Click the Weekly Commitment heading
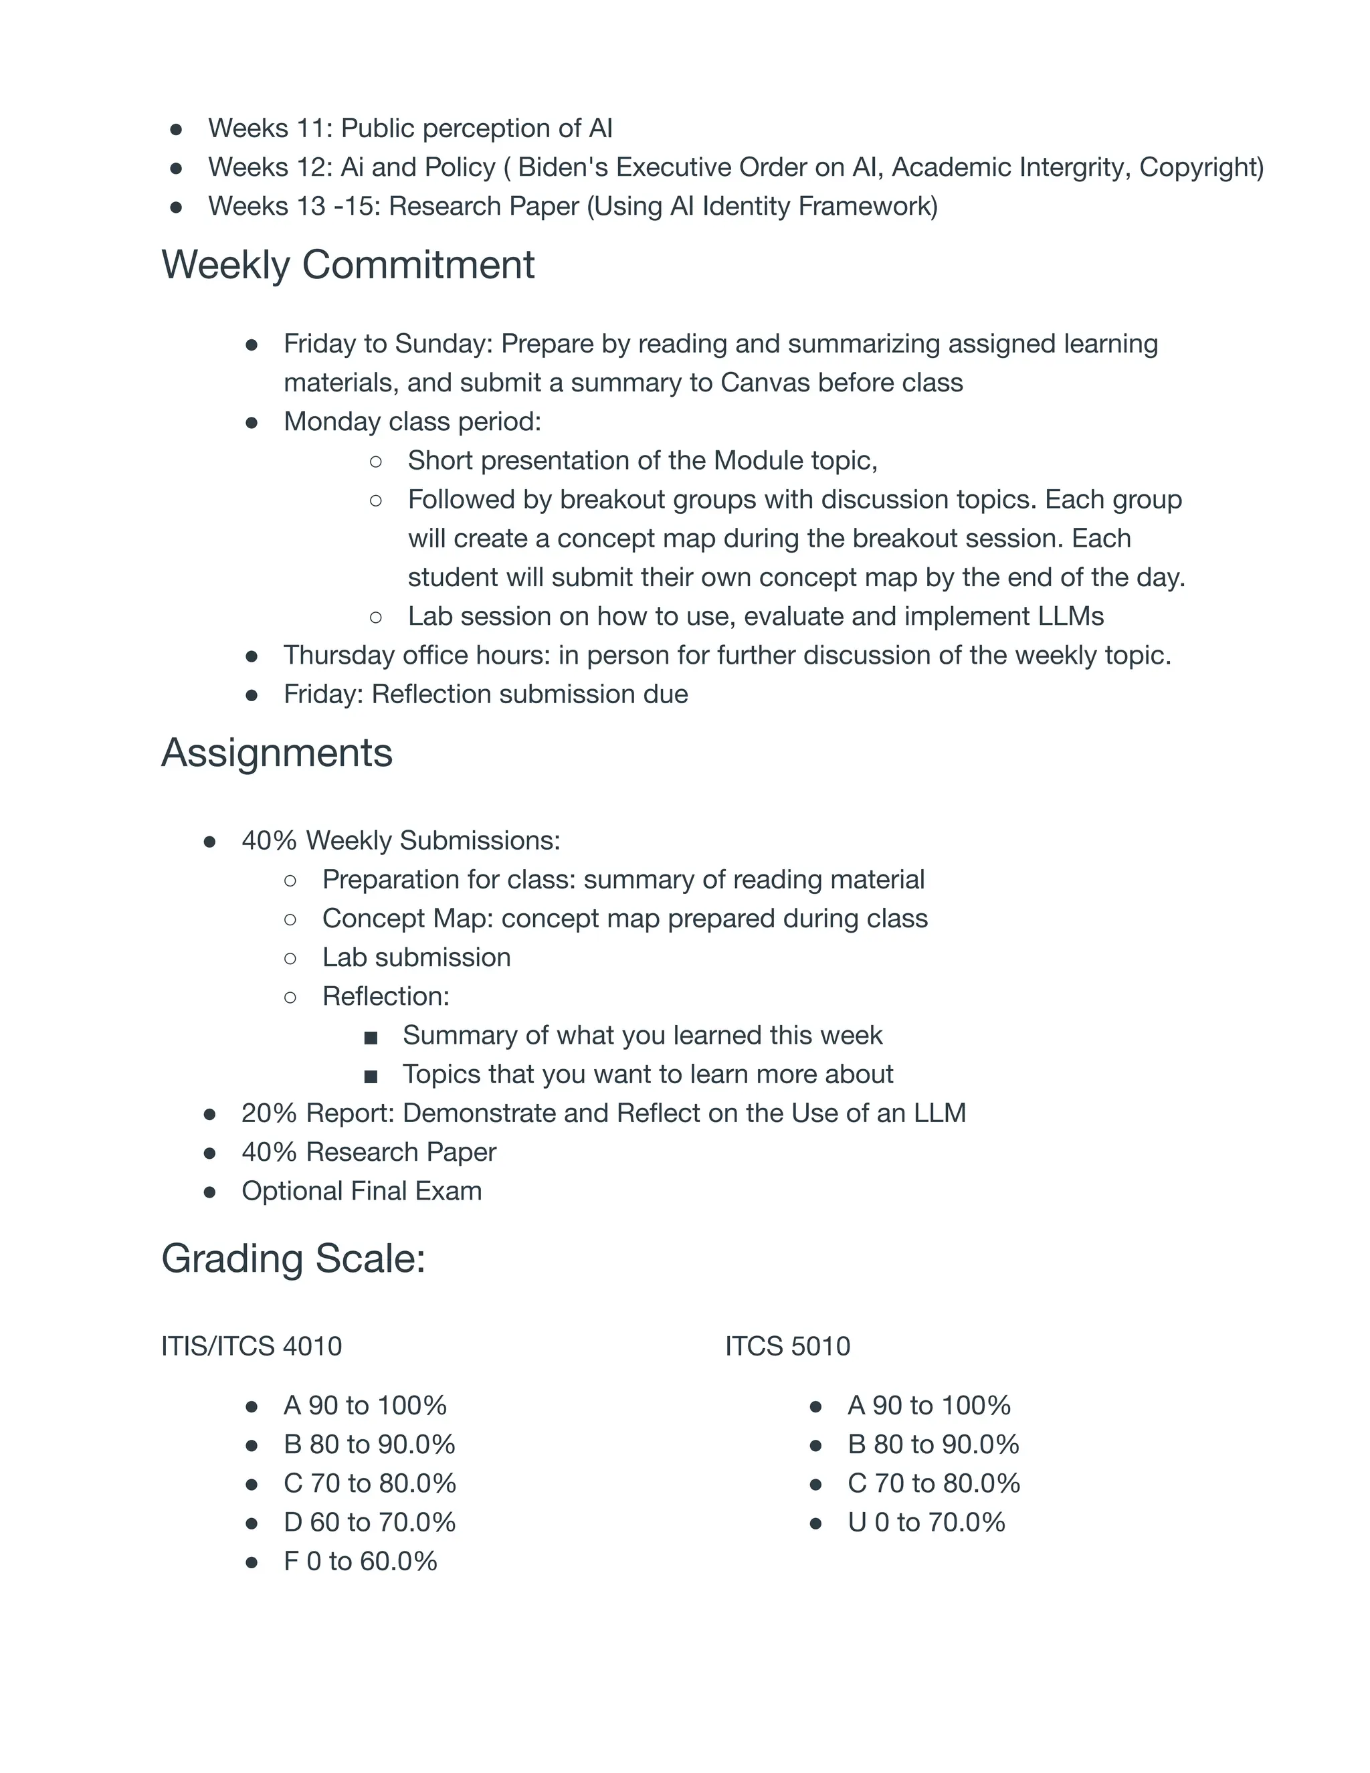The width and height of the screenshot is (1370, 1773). tap(347, 266)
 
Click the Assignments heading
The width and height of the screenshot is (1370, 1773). tap(277, 753)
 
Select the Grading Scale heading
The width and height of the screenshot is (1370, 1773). tap(293, 1259)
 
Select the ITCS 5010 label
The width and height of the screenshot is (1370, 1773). tap(787, 1347)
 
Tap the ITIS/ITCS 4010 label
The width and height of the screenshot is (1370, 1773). tap(252, 1347)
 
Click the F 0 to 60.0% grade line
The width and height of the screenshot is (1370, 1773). tap(361, 1561)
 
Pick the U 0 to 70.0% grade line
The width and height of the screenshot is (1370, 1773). tap(926, 1522)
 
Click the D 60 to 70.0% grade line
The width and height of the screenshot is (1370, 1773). tap(369, 1522)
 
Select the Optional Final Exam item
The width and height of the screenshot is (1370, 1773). tap(361, 1191)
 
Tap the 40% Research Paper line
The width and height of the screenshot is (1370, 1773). tap(369, 1152)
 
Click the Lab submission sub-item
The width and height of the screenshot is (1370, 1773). tap(416, 957)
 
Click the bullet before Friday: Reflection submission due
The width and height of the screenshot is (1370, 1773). tap(252, 696)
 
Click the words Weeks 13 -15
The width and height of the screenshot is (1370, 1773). tap(294, 206)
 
